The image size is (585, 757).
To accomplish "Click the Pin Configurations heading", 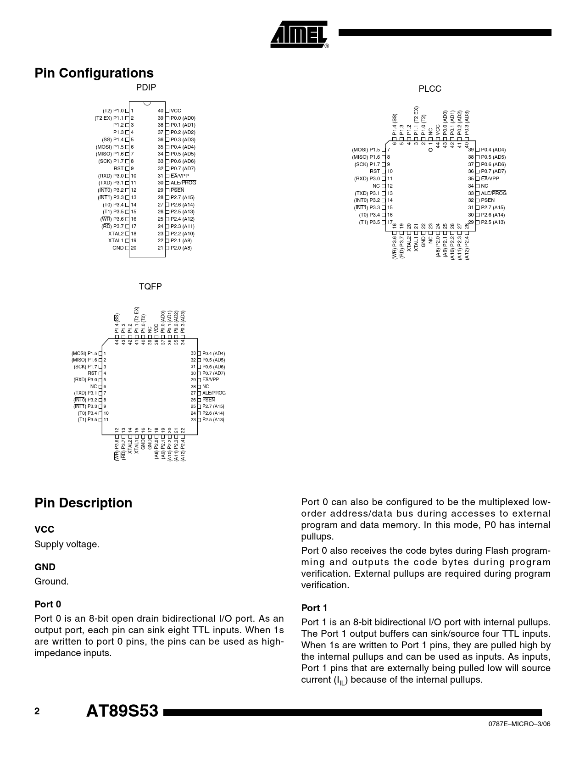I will (94, 73).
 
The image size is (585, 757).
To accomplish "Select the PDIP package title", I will (146, 88).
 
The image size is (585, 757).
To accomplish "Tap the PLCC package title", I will (429, 89).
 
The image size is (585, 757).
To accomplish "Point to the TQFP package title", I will (150, 287).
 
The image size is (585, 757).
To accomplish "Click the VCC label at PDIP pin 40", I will (176, 111).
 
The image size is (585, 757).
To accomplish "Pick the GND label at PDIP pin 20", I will (118, 248).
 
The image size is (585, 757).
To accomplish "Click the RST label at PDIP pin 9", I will (118, 169).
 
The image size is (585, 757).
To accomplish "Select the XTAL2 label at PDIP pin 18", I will (116, 234).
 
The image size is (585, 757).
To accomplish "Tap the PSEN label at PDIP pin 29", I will (177, 190).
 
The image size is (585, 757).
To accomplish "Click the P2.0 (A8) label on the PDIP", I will (181, 248).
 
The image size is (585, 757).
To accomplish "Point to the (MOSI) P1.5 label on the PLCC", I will (366, 150).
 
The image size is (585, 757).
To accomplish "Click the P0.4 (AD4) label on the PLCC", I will (493, 150).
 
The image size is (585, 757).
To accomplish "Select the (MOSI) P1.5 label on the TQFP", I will (84, 354).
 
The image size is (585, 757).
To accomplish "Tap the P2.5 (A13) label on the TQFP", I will (213, 420).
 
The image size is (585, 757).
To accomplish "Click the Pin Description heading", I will (83, 503).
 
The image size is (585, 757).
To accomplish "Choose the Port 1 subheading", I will (314, 608).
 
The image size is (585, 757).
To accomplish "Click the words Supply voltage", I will (67, 545).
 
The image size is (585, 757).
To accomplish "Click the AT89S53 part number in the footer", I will (122, 711).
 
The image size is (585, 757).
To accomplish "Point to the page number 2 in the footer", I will (37, 711).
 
